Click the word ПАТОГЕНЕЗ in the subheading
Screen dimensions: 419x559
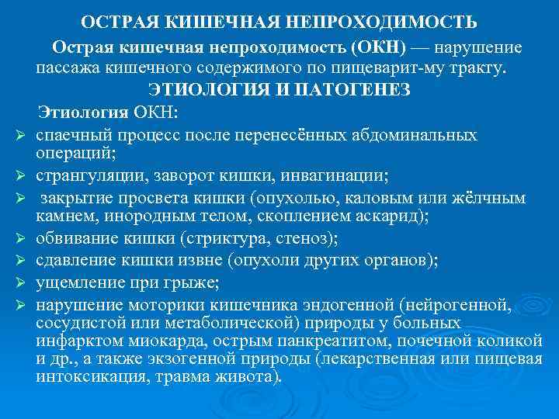pos(356,89)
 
